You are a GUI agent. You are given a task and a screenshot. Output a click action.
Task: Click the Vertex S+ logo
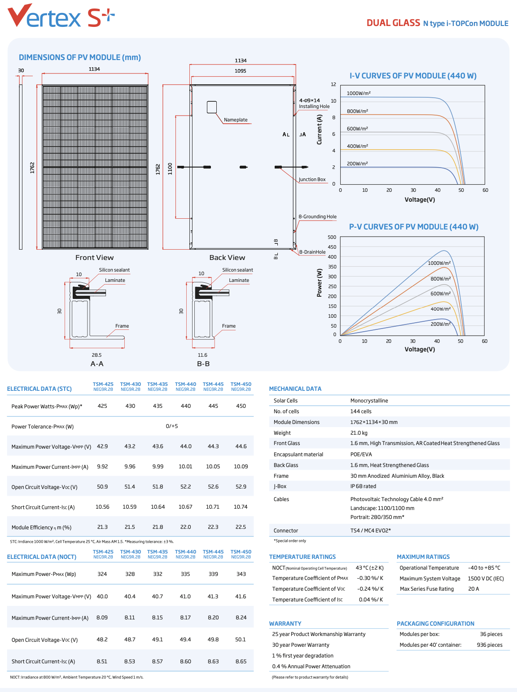[61, 16]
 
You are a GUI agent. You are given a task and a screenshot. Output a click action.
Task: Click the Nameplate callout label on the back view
[236, 120]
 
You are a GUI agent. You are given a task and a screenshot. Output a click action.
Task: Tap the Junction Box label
[312, 179]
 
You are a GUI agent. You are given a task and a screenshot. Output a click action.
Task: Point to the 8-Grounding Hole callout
[318, 216]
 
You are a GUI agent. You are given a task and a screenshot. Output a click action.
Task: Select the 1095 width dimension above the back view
[241, 71]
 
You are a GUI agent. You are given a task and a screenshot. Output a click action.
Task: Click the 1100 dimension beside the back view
[170, 169]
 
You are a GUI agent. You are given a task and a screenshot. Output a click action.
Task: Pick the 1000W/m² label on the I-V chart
[359, 93]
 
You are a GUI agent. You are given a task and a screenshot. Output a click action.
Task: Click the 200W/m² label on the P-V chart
[441, 324]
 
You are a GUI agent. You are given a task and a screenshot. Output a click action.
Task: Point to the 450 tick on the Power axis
[332, 247]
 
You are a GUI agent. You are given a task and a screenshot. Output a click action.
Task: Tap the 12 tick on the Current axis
[333, 84]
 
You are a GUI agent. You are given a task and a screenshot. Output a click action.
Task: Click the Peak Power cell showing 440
[186, 406]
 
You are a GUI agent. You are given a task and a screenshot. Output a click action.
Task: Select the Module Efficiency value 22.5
[241, 527]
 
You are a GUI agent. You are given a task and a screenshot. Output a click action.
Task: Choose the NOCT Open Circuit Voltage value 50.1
[241, 640]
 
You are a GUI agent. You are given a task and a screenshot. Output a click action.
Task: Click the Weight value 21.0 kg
[359, 433]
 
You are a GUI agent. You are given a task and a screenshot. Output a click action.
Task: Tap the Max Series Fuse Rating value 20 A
[473, 589]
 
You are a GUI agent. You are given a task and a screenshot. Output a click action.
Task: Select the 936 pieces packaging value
[490, 645]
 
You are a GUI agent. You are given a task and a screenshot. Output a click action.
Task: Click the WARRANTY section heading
[285, 623]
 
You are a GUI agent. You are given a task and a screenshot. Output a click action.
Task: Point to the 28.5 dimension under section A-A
[96, 355]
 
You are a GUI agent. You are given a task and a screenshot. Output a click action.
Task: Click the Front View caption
[95, 258]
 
